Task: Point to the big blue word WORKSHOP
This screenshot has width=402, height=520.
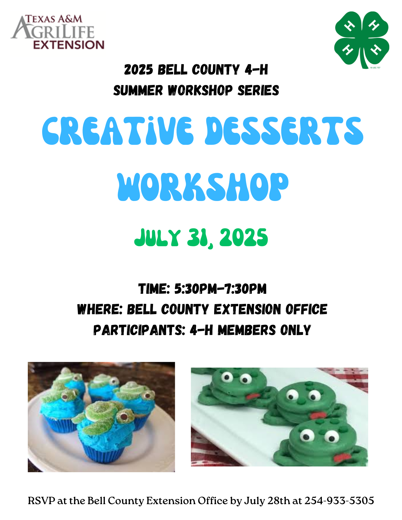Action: click(x=203, y=187)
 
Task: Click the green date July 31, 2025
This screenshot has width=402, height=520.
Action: click(x=201, y=238)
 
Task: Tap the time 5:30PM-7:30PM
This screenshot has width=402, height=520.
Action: click(x=220, y=289)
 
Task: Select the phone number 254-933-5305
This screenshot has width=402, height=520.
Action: click(x=339, y=500)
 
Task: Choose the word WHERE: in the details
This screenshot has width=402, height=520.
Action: click(x=100, y=309)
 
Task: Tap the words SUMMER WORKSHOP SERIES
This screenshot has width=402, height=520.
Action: click(x=196, y=90)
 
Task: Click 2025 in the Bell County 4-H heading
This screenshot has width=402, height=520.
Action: click(x=139, y=70)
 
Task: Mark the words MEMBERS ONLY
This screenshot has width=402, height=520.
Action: click(x=264, y=330)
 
